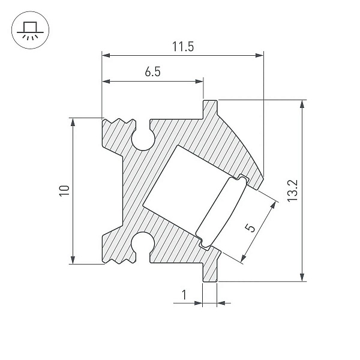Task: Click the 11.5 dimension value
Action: point(183,47)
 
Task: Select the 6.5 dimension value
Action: point(152,71)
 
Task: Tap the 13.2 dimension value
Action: point(293,191)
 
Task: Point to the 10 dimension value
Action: point(64,191)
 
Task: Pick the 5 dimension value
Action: point(250,228)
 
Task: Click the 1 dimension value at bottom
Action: point(184,295)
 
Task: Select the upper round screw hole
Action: point(143,140)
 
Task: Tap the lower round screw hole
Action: point(143,244)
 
